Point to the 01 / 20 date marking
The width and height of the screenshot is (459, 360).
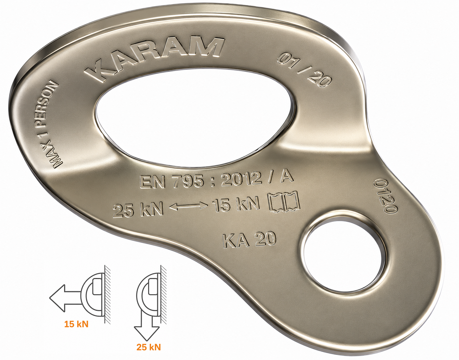click(304, 71)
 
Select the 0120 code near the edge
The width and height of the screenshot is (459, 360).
click(385, 196)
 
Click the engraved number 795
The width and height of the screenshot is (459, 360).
click(188, 181)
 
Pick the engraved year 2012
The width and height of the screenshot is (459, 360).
click(241, 179)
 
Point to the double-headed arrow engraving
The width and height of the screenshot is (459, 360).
click(188, 207)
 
